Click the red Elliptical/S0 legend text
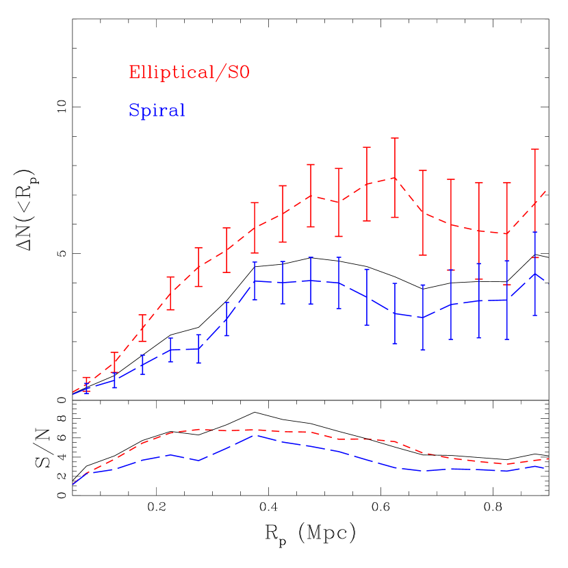pyautogui.click(x=189, y=73)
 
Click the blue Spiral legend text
pyautogui.click(x=157, y=111)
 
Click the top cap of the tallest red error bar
pyautogui.click(x=395, y=138)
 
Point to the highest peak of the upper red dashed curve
pyautogui.click(x=395, y=177)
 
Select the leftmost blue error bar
pyautogui.click(x=87, y=387)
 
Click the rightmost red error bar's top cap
pyautogui.click(x=535, y=149)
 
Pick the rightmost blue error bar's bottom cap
pyautogui.click(x=535, y=315)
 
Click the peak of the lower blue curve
pyautogui.click(x=255, y=435)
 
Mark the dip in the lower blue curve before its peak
pyautogui.click(x=198, y=461)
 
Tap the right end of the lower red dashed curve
pyautogui.click(x=550, y=459)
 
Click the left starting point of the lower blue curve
pyautogui.click(x=73, y=485)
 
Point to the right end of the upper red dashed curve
pyautogui.click(x=545, y=192)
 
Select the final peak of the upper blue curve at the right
pyautogui.click(x=535, y=273)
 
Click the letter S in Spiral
pyautogui.click(x=134, y=111)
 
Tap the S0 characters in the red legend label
pyautogui.click(x=237, y=73)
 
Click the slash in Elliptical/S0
pyautogui.click(x=220, y=73)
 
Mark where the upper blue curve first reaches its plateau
pyautogui.click(x=255, y=281)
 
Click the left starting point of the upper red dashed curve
pyautogui.click(x=73, y=393)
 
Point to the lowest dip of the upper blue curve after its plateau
pyautogui.click(x=423, y=318)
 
